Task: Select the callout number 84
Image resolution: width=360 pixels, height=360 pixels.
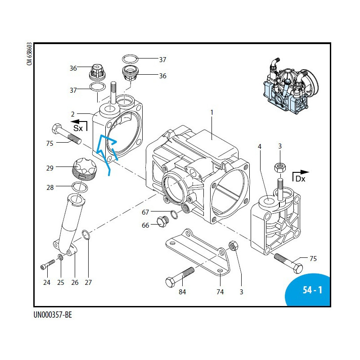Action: [182, 292]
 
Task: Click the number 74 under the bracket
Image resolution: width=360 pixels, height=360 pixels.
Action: [220, 292]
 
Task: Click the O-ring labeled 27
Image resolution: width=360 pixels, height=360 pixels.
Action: [87, 234]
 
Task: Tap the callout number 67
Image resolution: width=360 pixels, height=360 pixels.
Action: [145, 212]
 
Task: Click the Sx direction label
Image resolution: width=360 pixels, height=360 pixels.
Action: [78, 128]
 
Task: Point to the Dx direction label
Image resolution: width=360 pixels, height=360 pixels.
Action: [301, 178]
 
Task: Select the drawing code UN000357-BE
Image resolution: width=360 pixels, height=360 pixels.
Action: [53, 315]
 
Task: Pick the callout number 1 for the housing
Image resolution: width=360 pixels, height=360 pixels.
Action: [211, 111]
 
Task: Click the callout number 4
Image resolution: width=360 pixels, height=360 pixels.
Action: [259, 146]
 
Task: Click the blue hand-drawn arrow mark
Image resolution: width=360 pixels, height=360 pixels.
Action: [107, 151]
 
